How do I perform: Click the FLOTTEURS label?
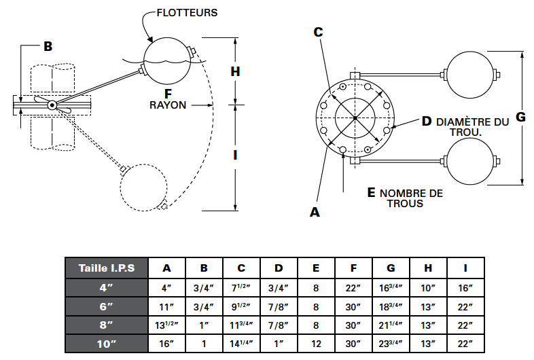pyautogui.click(x=187, y=13)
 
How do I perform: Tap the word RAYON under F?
pyautogui.click(x=168, y=105)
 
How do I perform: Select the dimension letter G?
pyautogui.click(x=520, y=117)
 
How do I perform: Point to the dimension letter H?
pyautogui.click(x=235, y=71)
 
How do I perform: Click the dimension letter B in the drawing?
pyautogui.click(x=48, y=46)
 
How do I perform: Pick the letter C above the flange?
pyautogui.click(x=318, y=32)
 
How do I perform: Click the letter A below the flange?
pyautogui.click(x=315, y=212)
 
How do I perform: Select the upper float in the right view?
pyautogui.click(x=470, y=75)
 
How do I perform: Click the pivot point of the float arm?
pyautogui.click(x=52, y=105)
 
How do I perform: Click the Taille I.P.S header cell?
pyautogui.click(x=107, y=268)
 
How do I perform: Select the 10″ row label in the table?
pyautogui.click(x=107, y=344)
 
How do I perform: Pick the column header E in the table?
pyautogui.click(x=316, y=268)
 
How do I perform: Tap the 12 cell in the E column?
pyautogui.click(x=316, y=344)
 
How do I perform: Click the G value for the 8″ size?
pyautogui.click(x=391, y=325)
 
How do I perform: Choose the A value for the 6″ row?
pyautogui.click(x=166, y=307)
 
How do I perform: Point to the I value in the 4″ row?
pyautogui.click(x=465, y=288)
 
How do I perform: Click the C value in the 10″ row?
pyautogui.click(x=241, y=344)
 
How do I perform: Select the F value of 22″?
pyautogui.click(x=353, y=288)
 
